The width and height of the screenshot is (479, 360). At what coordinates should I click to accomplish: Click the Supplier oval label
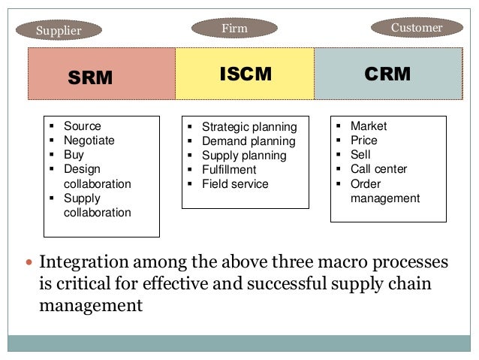(59, 31)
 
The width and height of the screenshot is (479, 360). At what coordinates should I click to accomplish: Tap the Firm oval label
(234, 29)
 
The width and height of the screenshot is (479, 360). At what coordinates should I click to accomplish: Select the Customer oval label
(417, 28)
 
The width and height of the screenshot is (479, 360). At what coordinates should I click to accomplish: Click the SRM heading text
(90, 77)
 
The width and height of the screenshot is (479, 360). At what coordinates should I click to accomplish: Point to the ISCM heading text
(245, 74)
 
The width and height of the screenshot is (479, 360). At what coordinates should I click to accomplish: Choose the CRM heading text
(387, 74)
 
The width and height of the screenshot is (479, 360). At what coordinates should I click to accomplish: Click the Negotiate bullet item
(89, 141)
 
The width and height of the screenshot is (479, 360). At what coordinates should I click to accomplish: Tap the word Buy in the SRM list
(74, 155)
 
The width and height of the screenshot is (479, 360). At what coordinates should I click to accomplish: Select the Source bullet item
(82, 126)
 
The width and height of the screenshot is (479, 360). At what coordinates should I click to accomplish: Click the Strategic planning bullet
(249, 127)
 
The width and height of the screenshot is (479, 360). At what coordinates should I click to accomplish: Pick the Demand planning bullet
(249, 141)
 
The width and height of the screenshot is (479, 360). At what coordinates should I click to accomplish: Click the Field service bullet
(235, 184)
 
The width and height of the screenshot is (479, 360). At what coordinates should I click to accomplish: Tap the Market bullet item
(369, 126)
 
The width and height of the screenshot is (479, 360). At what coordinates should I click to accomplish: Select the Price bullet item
(363, 141)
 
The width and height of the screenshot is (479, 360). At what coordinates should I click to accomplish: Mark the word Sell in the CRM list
(360, 155)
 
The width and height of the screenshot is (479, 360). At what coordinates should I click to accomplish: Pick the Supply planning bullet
(244, 156)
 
